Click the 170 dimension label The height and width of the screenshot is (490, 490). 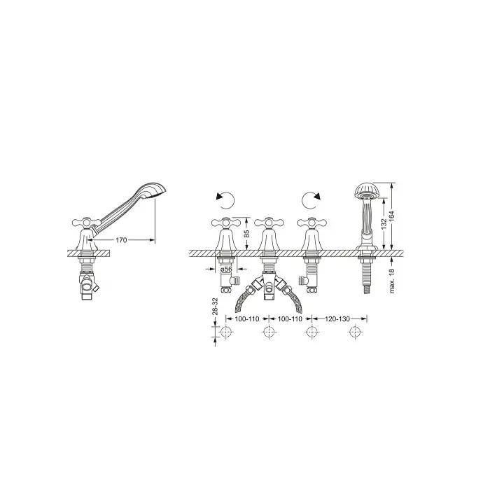coord(121,240)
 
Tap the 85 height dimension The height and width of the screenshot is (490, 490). coord(246,233)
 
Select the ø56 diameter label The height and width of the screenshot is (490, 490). coord(226,269)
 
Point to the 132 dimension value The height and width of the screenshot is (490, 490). coord(384,224)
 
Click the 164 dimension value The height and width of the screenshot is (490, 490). coord(392,216)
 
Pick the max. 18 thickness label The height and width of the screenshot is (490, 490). coord(393,281)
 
